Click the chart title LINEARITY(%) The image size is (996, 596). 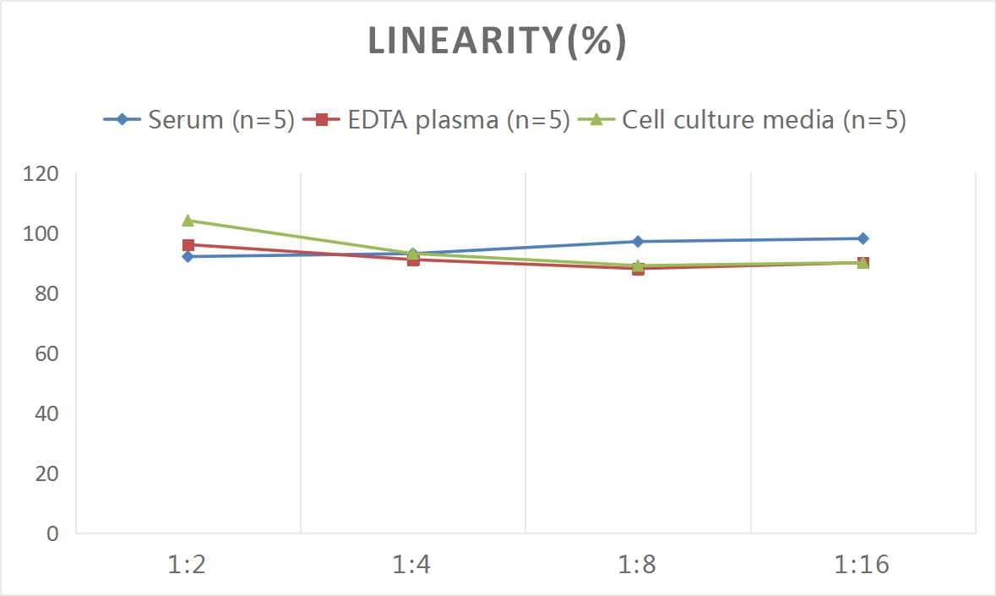497,42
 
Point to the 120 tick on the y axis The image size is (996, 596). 41,174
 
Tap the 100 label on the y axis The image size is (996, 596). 41,234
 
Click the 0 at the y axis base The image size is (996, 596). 53,533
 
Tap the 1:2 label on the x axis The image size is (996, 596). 188,565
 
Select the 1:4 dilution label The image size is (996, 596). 412,565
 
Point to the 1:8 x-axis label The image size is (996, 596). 638,565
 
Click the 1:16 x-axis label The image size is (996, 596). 863,565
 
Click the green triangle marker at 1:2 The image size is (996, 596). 188,221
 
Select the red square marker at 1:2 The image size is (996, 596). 188,245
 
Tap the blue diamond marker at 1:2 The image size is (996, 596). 188,256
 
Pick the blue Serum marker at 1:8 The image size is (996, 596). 638,242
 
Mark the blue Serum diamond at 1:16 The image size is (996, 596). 863,238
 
